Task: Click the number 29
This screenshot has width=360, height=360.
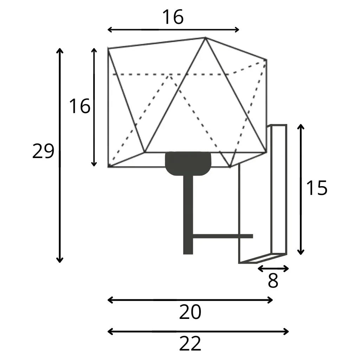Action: (x=43, y=151)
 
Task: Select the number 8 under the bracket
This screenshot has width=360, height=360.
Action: (x=273, y=281)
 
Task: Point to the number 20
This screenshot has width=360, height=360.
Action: (x=190, y=312)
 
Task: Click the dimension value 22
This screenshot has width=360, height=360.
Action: (x=190, y=343)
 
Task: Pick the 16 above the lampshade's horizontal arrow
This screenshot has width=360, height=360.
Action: (x=173, y=17)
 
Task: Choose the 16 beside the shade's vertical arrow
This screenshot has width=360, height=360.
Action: (x=79, y=106)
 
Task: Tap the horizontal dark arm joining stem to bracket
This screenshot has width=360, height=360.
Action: (x=223, y=236)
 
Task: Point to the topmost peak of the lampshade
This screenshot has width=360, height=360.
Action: (x=205, y=38)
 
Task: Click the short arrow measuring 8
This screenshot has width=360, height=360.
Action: (x=273, y=269)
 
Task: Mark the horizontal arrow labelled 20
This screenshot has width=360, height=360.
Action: (x=190, y=300)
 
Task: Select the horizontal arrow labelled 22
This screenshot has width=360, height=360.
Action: (x=198, y=331)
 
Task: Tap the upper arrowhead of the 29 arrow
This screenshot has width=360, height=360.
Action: (x=60, y=50)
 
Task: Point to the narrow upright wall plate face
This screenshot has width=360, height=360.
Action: (x=279, y=189)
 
